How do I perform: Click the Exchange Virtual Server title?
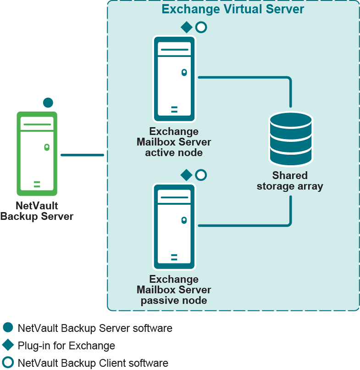233,9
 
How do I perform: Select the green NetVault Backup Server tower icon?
37,153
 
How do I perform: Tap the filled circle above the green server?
48,102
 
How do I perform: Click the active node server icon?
174,79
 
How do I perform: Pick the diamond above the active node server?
187,27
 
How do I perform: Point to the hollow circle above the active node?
201,27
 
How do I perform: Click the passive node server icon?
174,227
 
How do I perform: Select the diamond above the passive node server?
187,175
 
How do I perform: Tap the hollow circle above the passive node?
201,175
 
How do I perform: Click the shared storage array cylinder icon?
291,139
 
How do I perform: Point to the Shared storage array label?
290,181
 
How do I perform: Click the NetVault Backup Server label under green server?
37,211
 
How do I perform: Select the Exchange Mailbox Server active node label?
174,142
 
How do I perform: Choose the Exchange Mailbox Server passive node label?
174,290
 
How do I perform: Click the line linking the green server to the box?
83,155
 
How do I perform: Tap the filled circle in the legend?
8,328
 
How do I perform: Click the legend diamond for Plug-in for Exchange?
8,345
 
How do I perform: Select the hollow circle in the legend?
8,363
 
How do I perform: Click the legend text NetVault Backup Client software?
93,363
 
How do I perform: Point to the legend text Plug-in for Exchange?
66,346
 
